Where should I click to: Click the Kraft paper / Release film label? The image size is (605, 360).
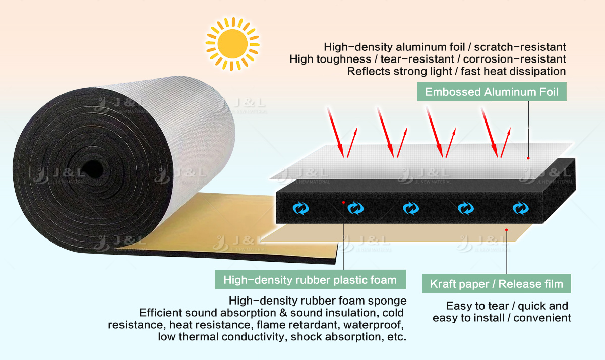point(496,284)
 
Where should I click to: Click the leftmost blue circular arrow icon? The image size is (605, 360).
point(301,208)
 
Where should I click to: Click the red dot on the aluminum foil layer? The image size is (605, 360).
point(528,158)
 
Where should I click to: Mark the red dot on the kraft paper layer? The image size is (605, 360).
point(507,230)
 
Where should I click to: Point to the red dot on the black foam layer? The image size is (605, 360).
point(343,202)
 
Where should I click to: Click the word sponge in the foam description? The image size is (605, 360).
point(388,301)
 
